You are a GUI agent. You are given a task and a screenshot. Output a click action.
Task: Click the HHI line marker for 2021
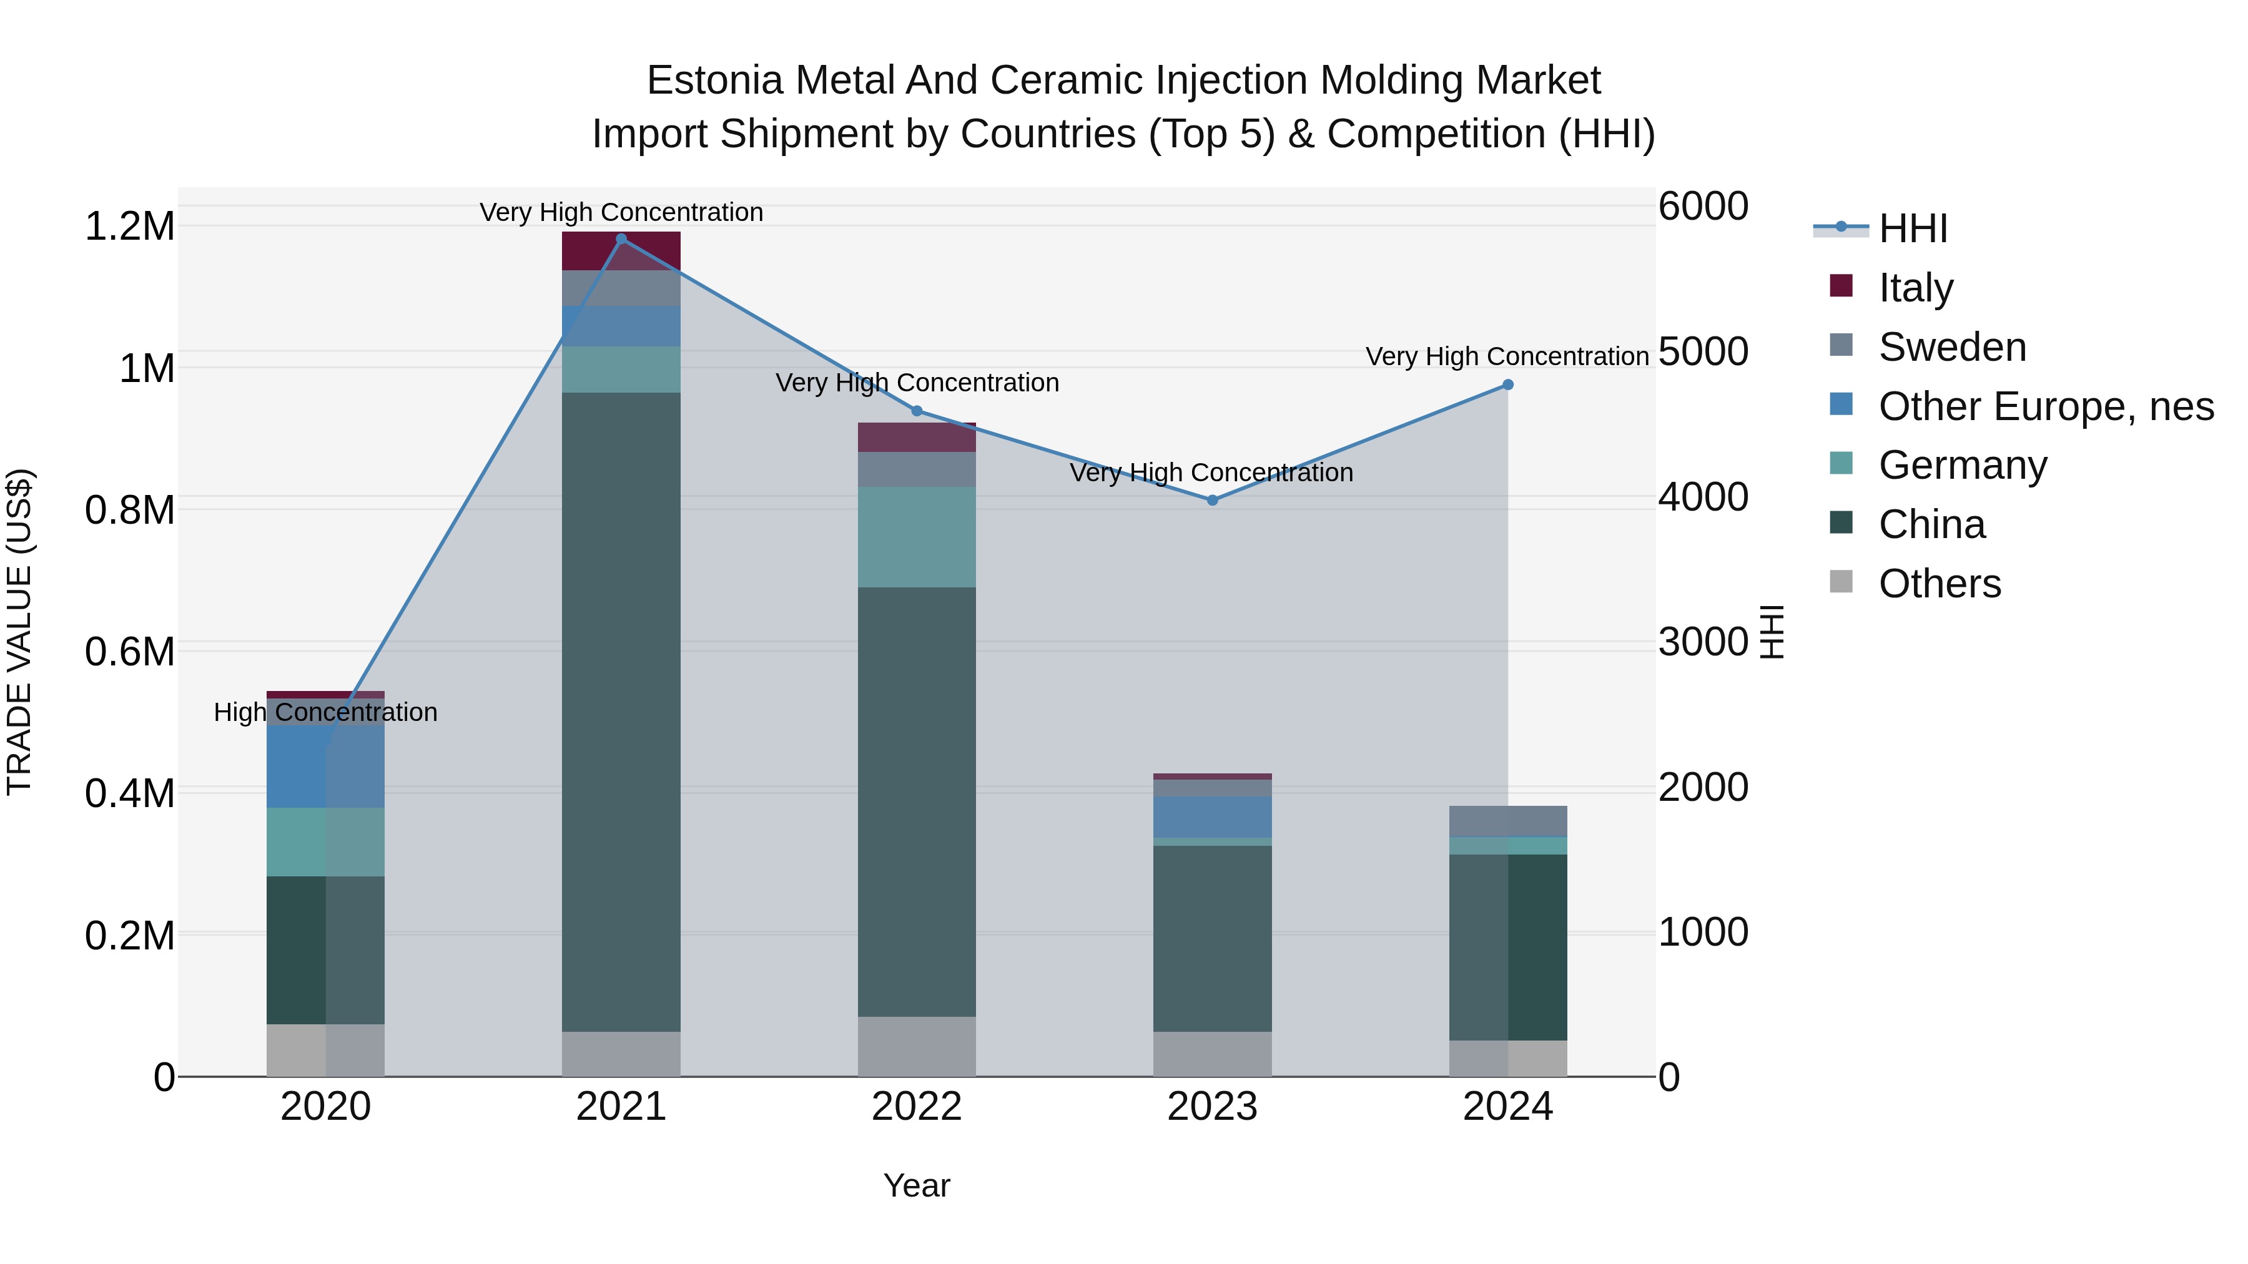621,239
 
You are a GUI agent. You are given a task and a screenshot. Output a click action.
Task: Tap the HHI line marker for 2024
1507,385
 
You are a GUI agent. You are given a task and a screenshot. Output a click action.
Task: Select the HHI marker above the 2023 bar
1212,500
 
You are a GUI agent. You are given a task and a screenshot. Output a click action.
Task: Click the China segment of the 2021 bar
621,711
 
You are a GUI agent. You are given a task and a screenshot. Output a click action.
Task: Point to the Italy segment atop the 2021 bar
621,251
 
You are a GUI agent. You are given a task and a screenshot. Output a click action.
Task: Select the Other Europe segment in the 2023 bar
1212,816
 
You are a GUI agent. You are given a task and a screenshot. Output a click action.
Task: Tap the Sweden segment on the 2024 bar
1507,821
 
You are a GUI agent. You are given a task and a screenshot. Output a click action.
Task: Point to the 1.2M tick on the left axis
130,227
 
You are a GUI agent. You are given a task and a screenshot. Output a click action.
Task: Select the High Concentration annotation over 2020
325,713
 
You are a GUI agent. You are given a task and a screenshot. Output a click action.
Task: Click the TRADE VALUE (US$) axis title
19,632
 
